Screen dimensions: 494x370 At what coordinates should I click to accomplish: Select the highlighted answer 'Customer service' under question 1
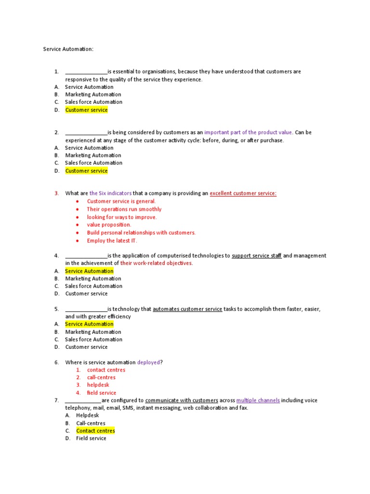tap(87, 110)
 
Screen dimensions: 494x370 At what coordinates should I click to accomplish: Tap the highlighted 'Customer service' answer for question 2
tap(87, 171)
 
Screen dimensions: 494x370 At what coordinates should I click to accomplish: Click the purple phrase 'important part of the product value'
tap(248, 132)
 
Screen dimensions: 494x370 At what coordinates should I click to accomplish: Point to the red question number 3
tap(56, 193)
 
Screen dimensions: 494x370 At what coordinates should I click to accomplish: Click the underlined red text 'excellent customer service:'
tap(243, 193)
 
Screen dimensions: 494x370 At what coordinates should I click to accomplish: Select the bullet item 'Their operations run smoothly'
tap(124, 209)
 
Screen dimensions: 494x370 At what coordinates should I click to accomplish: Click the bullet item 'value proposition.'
tap(109, 225)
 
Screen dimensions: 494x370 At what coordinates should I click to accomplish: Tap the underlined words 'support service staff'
tap(256, 256)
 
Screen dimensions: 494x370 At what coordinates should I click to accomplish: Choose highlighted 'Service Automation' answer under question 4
tap(89, 271)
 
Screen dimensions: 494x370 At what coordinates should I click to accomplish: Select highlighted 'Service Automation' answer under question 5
tap(89, 324)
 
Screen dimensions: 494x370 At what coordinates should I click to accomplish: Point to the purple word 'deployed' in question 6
tap(148, 362)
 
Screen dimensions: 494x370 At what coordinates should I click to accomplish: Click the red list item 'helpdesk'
tap(98, 385)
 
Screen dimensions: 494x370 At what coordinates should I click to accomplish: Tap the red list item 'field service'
tap(102, 393)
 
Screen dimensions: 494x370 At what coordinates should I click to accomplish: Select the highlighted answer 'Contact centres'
tap(95, 431)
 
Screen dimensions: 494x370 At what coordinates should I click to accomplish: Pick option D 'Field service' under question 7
tap(91, 439)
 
